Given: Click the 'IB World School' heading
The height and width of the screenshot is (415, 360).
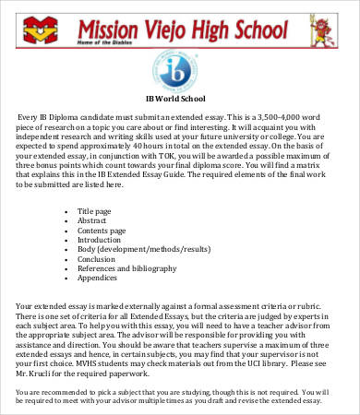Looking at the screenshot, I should (x=180, y=99).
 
